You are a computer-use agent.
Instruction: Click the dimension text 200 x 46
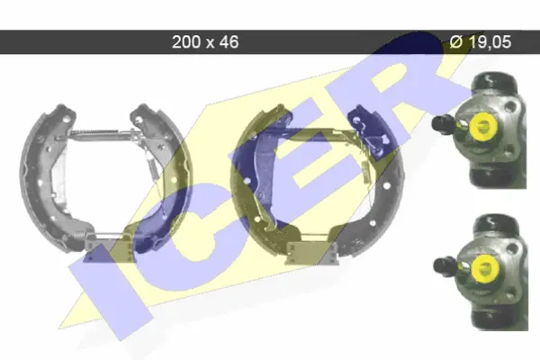[205, 42]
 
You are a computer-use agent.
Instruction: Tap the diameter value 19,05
[490, 42]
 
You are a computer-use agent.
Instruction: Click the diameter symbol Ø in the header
[456, 42]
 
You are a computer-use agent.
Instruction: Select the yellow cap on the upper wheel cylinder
[482, 126]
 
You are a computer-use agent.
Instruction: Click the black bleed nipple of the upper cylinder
[442, 123]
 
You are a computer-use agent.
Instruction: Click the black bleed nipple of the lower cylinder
[444, 266]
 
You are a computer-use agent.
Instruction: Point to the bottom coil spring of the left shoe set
[80, 234]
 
